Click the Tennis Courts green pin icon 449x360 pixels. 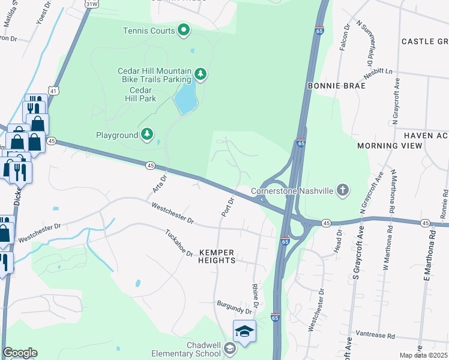pos(184,30)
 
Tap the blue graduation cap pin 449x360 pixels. pos(245,332)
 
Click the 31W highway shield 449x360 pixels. pos(91,4)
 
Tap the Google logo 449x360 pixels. pos(20,353)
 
